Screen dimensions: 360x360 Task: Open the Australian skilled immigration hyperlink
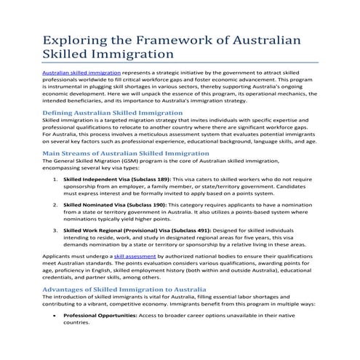81,73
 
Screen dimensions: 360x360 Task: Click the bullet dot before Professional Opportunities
55,315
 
